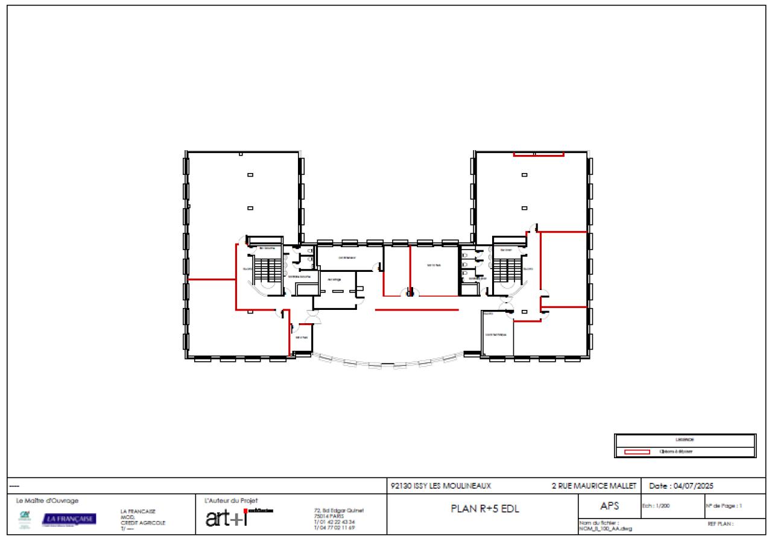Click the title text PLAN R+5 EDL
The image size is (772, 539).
pyautogui.click(x=485, y=508)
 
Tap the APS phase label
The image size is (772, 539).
pyautogui.click(x=606, y=506)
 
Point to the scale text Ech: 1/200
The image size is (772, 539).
pyautogui.click(x=654, y=506)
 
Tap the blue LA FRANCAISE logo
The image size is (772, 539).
pyautogui.click(x=69, y=519)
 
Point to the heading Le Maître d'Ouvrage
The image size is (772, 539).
pyautogui.click(x=47, y=500)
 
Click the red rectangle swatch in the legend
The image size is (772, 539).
pyautogui.click(x=637, y=452)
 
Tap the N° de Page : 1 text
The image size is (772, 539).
pyautogui.click(x=723, y=506)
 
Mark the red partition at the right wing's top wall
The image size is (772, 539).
pyautogui.click(x=538, y=155)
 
